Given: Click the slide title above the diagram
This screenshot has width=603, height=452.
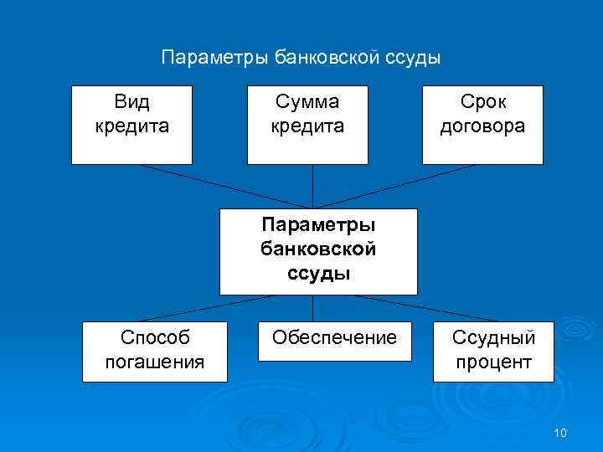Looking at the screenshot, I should coord(301,58).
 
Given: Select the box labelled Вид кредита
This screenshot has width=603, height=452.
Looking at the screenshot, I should coord(131,125).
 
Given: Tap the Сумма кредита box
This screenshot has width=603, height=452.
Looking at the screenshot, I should coord(307,125).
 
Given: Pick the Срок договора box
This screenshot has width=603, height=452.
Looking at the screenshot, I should coord(482,125).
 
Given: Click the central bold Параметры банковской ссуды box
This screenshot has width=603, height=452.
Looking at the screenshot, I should coord(318,251).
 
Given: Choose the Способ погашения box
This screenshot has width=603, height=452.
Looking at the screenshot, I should coord(154,351).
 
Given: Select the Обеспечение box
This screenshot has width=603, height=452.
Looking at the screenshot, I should coord(334,339).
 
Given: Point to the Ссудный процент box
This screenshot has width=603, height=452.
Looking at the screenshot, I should coord(492,351).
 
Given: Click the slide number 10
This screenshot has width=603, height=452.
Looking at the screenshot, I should coord(560,432).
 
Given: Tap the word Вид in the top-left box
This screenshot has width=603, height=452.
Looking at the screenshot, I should coord(131,103).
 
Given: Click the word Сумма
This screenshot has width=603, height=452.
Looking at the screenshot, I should coord(307,103).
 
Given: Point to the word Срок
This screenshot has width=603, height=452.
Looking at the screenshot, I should coord(483,103).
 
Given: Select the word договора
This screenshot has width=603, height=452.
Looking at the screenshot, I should coord(483,126).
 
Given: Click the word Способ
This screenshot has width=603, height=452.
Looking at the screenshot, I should coord(155,338).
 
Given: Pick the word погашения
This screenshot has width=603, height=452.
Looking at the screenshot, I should coord(155,362).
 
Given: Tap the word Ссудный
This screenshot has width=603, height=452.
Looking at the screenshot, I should coord(493,338).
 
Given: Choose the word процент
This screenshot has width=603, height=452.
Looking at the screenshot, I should coord(493,362).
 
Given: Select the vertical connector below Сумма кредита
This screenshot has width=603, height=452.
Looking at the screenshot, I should coord(312,186).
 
